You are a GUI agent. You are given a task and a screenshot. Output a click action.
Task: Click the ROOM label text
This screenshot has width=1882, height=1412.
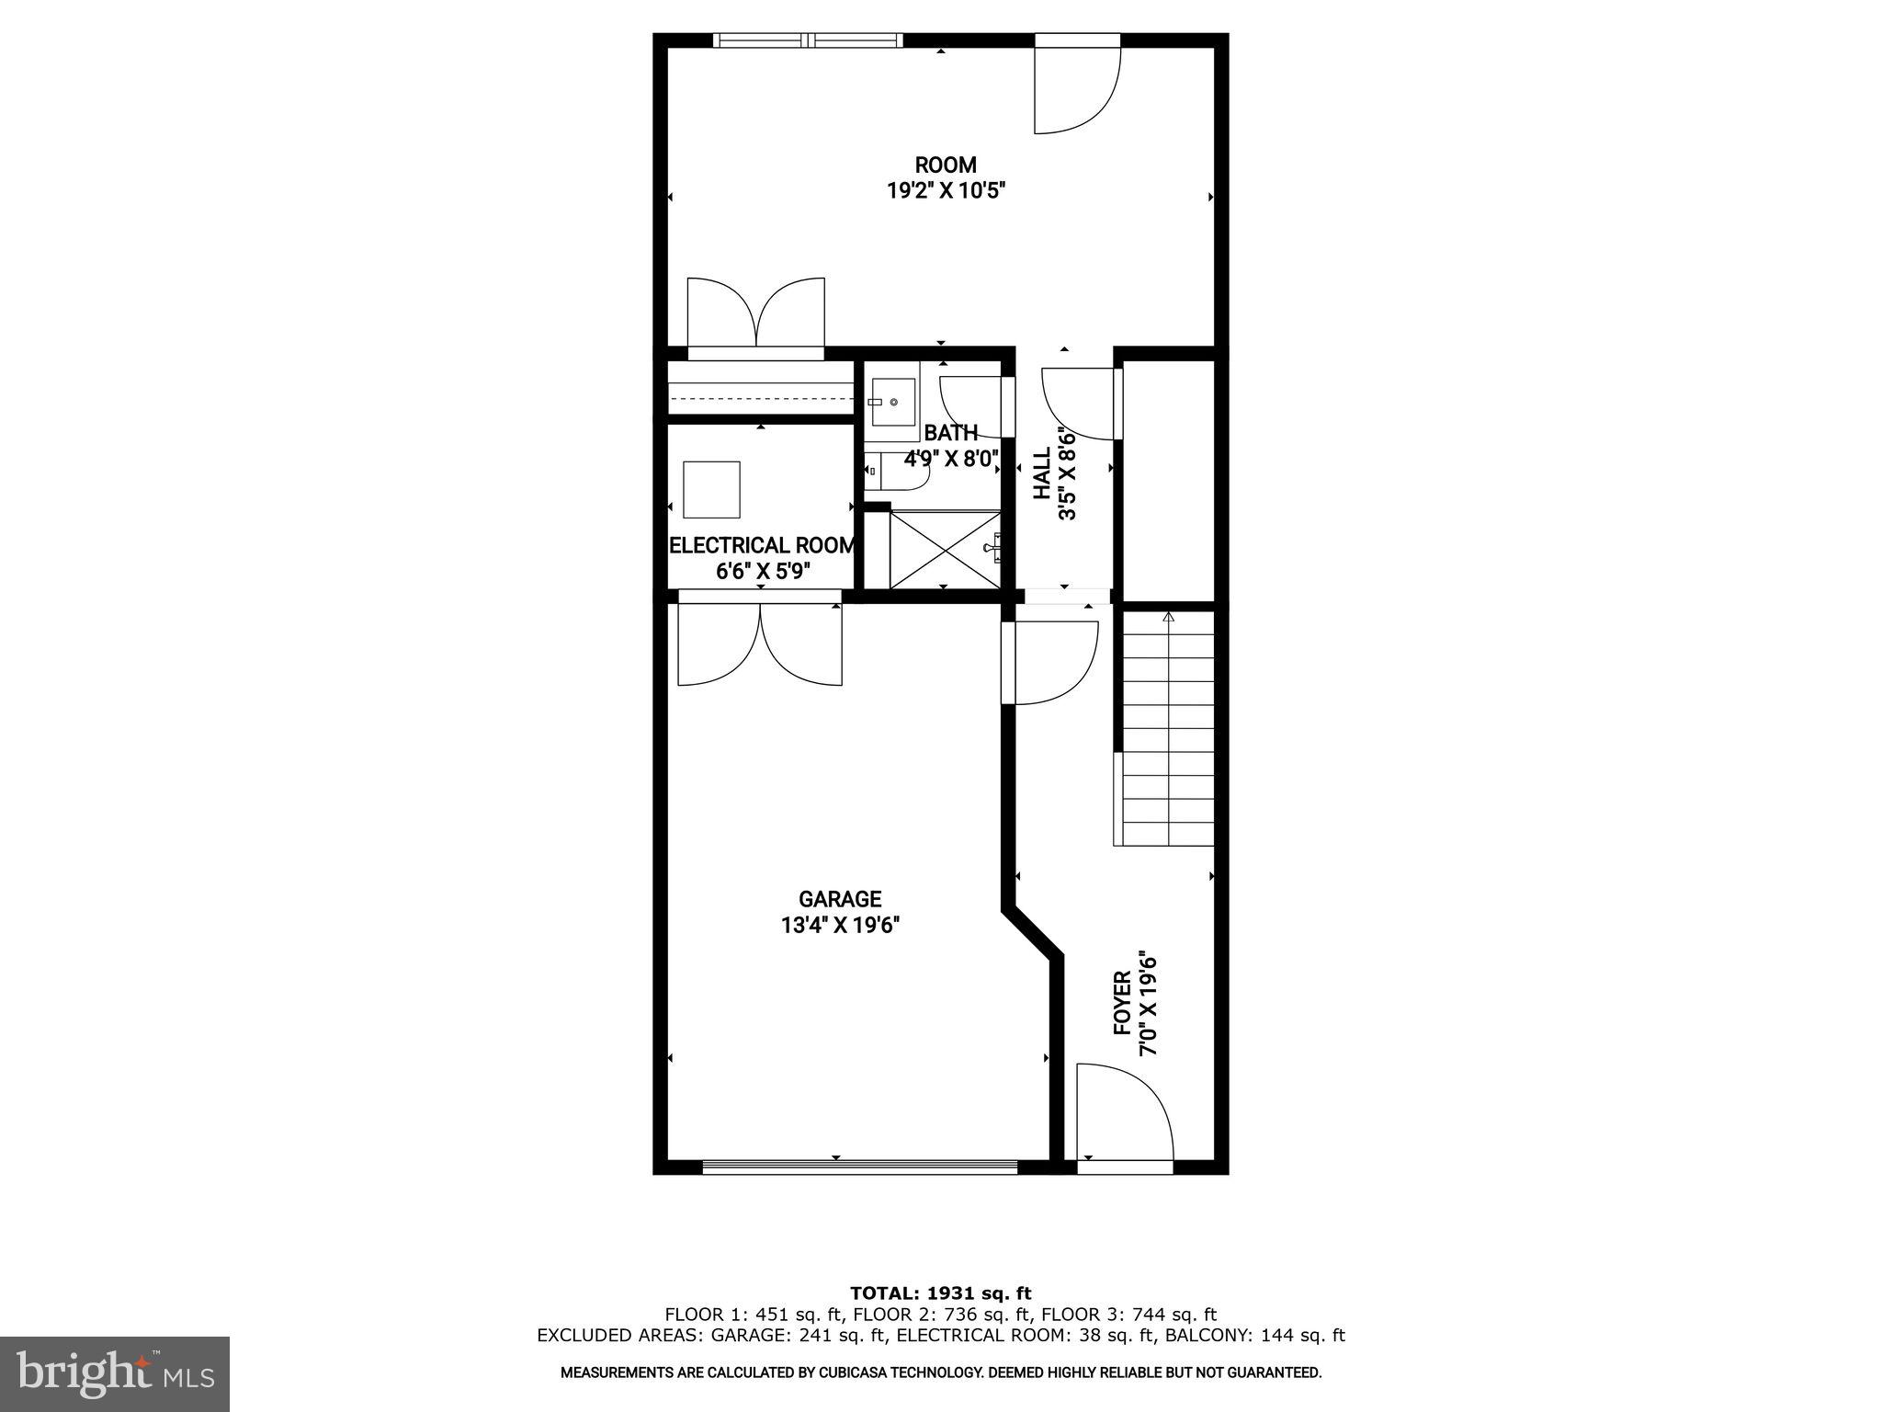(945, 165)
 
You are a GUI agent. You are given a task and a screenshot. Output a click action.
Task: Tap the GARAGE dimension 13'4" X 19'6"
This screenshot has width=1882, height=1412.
(839, 925)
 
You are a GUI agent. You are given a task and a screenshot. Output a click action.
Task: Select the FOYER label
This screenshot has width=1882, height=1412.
(1122, 1003)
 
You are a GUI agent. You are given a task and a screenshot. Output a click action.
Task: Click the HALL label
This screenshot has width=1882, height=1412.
(1042, 473)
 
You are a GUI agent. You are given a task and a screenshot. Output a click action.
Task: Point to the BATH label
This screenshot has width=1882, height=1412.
(950, 433)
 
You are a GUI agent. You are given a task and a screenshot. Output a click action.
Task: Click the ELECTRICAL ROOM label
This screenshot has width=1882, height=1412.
(762, 545)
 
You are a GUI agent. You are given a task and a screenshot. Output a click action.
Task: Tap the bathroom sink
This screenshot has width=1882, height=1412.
(890, 403)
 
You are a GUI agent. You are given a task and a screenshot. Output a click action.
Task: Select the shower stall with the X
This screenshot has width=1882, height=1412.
(945, 549)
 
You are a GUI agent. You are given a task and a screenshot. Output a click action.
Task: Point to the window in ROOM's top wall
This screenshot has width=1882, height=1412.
(808, 40)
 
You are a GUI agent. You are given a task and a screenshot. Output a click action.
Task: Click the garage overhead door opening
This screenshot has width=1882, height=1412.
(859, 1167)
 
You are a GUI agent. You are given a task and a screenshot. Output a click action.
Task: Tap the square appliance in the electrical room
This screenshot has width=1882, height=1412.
(711, 489)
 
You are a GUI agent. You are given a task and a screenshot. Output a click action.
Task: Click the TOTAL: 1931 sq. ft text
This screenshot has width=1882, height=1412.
(940, 1293)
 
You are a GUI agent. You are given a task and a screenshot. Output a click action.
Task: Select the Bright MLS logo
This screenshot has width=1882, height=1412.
(115, 1373)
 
